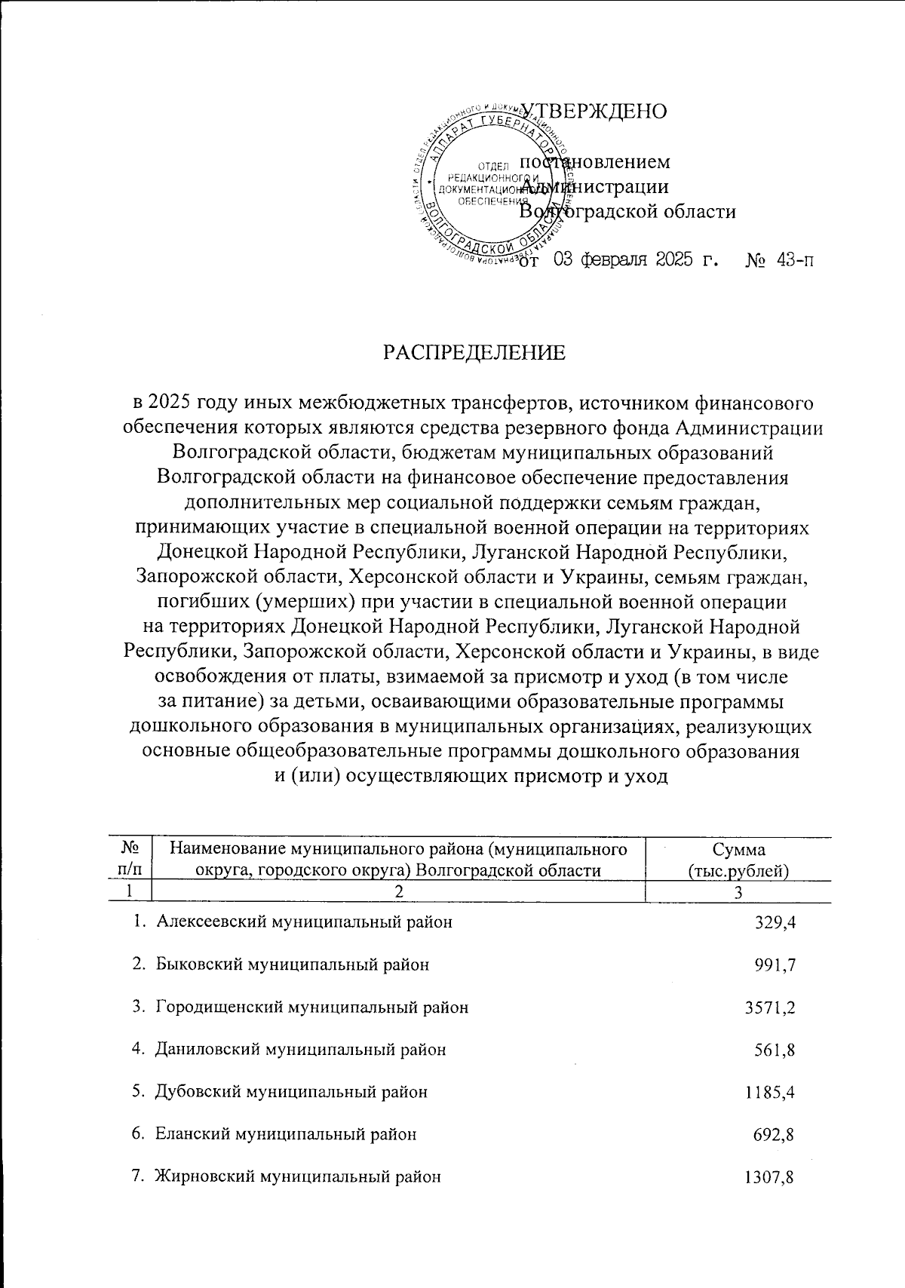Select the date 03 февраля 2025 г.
click(634, 261)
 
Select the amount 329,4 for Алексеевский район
click(775, 922)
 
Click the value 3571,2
click(770, 1007)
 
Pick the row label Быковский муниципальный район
click(293, 964)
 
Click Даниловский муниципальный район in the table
click(300, 1049)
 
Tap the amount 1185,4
click(770, 1091)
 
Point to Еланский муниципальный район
click(285, 1133)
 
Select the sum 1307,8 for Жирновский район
click(770, 1176)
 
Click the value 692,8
click(775, 1133)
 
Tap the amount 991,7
click(775, 964)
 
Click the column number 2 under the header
click(399, 891)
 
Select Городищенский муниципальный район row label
click(311, 1007)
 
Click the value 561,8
click(775, 1049)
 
